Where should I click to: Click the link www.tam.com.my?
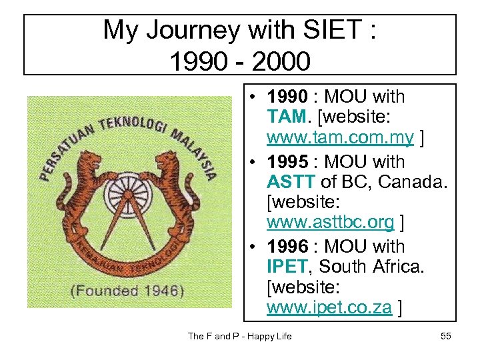click(x=340, y=139)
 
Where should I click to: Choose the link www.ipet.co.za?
click(x=329, y=307)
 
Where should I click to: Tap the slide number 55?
click(x=446, y=336)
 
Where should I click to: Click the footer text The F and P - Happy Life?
click(x=240, y=336)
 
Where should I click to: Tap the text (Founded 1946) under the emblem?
click(x=128, y=291)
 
